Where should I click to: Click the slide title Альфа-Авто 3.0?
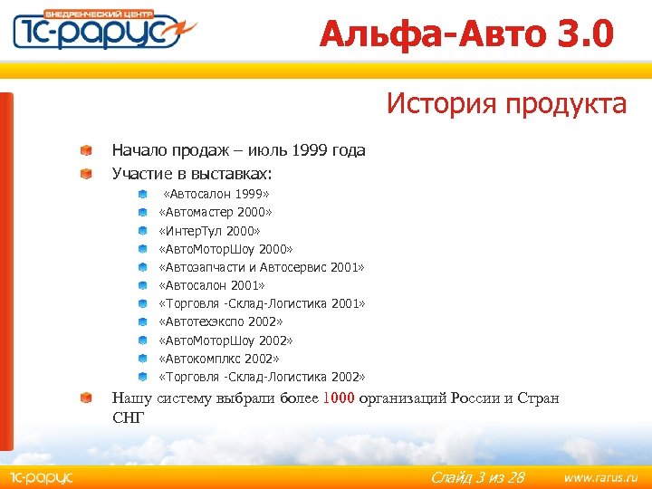click(466, 34)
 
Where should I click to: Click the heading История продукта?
click(506, 104)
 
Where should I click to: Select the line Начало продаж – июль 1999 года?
click(238, 150)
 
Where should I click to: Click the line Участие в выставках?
click(191, 172)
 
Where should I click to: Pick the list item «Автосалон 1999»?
click(216, 194)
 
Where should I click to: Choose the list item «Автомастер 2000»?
click(216, 212)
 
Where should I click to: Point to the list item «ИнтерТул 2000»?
click(209, 231)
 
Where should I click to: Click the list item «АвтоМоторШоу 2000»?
click(226, 249)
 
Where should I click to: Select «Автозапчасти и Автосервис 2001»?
click(262, 267)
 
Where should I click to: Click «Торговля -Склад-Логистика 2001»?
click(262, 303)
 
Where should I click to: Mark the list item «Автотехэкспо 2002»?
click(221, 321)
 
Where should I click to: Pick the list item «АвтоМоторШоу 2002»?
click(226, 340)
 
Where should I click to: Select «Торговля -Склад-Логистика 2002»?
click(262, 377)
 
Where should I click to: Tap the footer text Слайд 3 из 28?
click(477, 477)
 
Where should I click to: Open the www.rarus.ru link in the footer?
click(600, 476)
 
